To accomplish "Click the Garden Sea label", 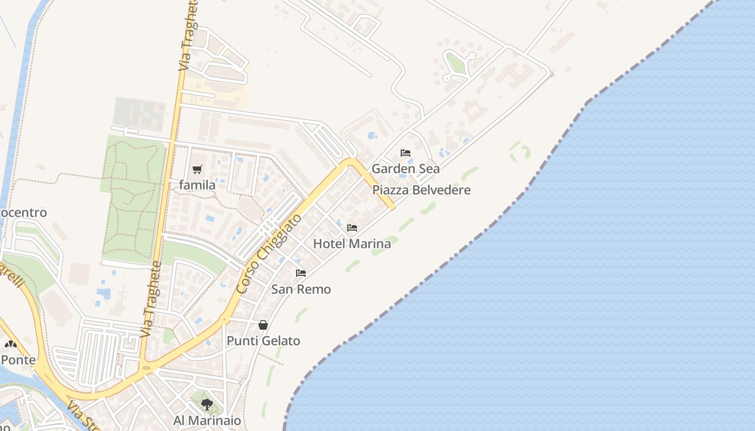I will pyautogui.click(x=406, y=169).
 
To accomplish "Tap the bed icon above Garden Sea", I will pyautogui.click(x=406, y=153).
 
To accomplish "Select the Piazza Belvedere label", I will pyautogui.click(x=421, y=190).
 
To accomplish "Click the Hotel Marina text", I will pyautogui.click(x=352, y=244).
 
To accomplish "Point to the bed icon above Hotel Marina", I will pyautogui.click(x=352, y=228).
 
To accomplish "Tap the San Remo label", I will pyautogui.click(x=301, y=289).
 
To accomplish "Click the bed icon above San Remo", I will pyautogui.click(x=301, y=273).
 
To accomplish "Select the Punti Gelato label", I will pyautogui.click(x=263, y=341).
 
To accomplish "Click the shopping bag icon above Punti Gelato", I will pyautogui.click(x=263, y=325).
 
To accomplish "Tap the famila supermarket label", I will pyautogui.click(x=197, y=185).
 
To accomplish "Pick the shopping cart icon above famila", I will pyautogui.click(x=197, y=169).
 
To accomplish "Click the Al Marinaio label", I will pyautogui.click(x=207, y=420).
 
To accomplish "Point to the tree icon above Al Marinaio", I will pyautogui.click(x=207, y=404).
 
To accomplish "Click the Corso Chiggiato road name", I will pyautogui.click(x=269, y=253).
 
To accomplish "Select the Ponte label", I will pyautogui.click(x=18, y=360).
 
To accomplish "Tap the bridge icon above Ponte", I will pyautogui.click(x=10, y=344).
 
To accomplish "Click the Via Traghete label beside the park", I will pyautogui.click(x=151, y=300).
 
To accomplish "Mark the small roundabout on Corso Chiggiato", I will pyautogui.click(x=224, y=319).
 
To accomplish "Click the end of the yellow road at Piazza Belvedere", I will pyautogui.click(x=392, y=206).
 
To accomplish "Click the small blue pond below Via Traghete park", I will pyautogui.click(x=104, y=294).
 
